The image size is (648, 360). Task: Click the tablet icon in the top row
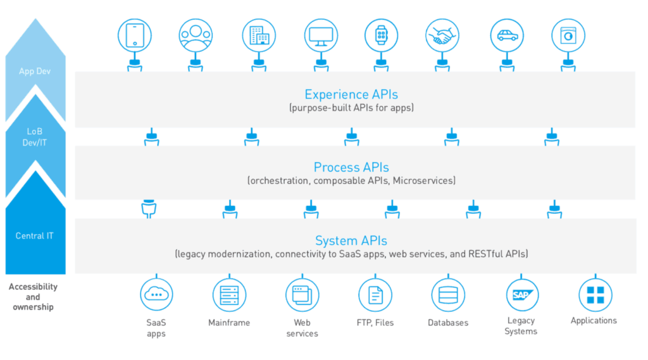point(135,35)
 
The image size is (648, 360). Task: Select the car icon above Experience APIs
point(507,35)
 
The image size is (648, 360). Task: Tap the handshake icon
point(442,35)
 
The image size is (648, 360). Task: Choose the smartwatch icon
point(381,35)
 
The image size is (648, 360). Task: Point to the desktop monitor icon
point(321,35)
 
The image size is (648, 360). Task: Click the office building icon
point(259,35)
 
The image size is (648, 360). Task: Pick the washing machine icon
point(568,35)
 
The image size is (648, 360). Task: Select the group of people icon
point(196,35)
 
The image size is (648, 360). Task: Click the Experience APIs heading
point(351,95)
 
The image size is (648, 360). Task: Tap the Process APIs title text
point(351,168)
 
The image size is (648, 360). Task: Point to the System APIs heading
point(351,240)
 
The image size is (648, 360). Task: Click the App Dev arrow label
point(35,71)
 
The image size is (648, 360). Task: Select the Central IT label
point(35,236)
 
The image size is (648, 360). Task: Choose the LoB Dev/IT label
point(35,137)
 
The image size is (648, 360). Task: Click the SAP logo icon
point(522,295)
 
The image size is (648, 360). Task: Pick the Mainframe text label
point(229,323)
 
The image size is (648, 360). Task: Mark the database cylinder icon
point(448,295)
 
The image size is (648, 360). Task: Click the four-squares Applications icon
point(595,295)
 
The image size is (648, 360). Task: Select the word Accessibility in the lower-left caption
point(33,287)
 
